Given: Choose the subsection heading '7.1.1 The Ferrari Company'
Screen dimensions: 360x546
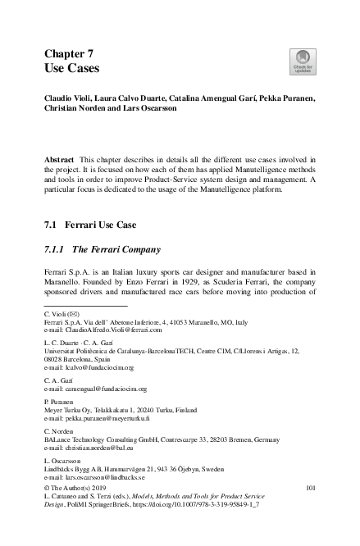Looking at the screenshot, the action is click(99, 249).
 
